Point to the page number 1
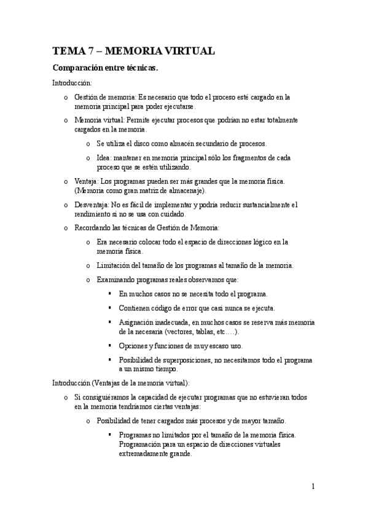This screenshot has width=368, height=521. point(313,487)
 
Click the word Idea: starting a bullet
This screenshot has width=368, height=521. point(106,159)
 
